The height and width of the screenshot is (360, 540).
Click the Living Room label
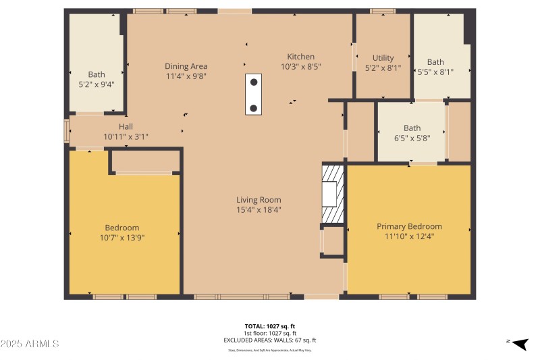259,199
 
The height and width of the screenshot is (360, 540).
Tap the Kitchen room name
300,57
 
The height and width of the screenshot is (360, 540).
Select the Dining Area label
186,66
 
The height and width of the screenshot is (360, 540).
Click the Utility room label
383,58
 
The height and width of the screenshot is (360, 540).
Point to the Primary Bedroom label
409,226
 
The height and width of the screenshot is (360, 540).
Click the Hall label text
126,126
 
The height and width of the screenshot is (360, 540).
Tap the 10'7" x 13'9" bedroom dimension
122,238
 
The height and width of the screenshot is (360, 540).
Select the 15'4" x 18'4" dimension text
259,209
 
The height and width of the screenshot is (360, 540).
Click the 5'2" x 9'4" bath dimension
97,84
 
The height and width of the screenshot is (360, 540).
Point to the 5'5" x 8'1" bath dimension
435,72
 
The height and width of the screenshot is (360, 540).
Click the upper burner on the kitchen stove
254,82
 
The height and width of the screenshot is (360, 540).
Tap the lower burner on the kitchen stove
254,108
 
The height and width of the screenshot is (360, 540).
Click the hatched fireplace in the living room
331,194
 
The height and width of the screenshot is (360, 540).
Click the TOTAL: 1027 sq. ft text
270,326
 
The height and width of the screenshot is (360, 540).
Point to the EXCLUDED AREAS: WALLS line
270,340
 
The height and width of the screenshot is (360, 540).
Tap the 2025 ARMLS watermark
30,344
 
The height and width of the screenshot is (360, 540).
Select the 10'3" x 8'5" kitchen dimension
300,67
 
